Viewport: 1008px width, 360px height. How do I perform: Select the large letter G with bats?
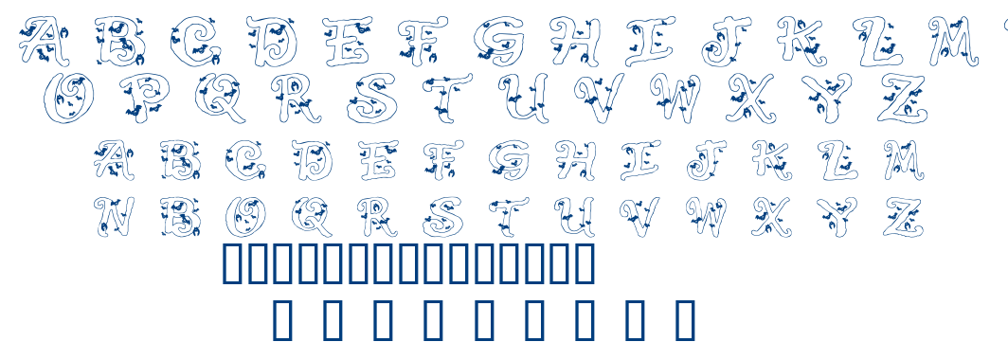point(499,40)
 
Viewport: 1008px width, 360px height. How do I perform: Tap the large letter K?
point(801,41)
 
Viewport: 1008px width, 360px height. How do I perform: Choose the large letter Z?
point(900,98)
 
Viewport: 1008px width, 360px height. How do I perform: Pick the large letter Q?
point(222,98)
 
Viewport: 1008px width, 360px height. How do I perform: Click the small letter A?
point(114,161)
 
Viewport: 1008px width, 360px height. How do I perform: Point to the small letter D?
point(312,161)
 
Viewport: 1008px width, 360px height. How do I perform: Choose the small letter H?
point(575,160)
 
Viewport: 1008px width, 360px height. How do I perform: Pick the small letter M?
point(902,160)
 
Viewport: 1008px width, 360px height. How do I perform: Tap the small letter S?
point(442,217)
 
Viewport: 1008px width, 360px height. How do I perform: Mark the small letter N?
point(115,217)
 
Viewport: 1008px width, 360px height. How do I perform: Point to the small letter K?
point(771,160)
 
